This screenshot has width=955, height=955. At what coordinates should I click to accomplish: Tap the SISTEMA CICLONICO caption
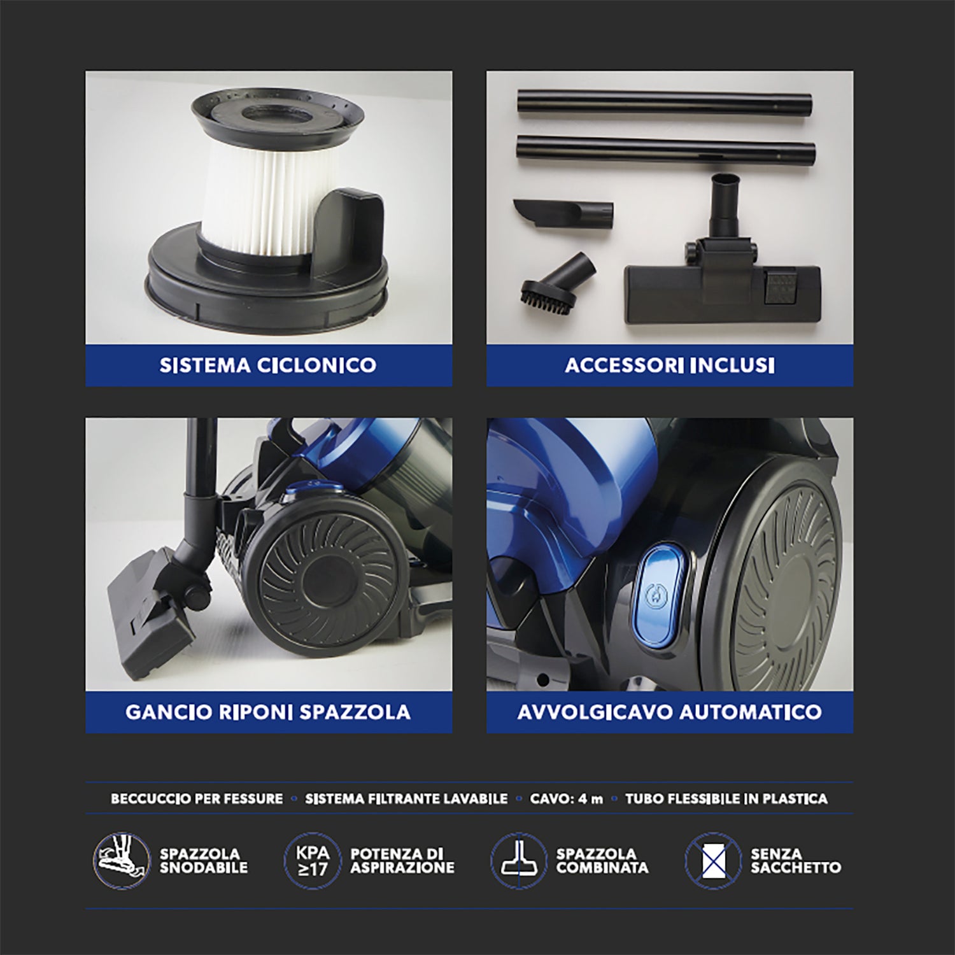268,365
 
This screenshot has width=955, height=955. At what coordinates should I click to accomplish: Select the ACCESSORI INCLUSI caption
670,365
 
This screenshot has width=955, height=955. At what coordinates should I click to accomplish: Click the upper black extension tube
665,104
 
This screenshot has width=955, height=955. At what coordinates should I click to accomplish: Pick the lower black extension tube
666,152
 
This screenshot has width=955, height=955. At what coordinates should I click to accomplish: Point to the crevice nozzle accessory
563,213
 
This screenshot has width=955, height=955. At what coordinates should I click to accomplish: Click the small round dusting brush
556,280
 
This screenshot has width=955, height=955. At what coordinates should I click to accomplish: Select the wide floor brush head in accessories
721,290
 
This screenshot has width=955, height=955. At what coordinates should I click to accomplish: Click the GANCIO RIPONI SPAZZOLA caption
268,712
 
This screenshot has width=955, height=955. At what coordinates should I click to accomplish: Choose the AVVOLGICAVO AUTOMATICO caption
670,712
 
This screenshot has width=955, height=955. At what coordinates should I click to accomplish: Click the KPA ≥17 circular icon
313,861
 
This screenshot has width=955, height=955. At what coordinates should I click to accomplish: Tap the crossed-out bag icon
713,861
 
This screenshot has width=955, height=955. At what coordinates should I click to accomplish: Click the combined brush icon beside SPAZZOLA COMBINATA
518,861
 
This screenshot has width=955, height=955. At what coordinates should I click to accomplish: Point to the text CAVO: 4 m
566,799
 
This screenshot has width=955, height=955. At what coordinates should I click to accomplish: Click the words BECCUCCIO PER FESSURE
197,799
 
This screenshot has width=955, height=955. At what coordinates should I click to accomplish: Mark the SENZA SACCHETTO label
795,861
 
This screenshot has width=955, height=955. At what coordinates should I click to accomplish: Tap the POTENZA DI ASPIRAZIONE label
402,861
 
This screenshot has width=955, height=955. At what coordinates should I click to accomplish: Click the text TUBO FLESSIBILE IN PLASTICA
726,799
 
